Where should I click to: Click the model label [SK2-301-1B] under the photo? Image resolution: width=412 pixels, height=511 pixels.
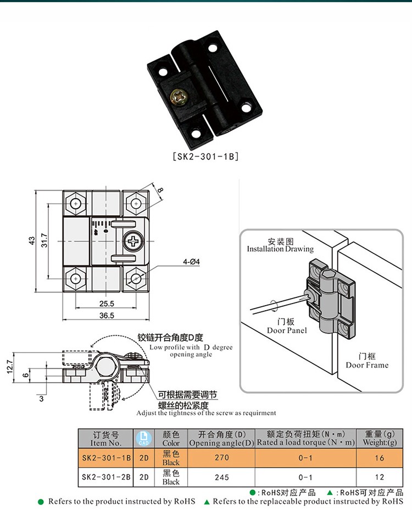[x=206, y=156]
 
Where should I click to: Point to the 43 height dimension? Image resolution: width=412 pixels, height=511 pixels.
[x=32, y=240]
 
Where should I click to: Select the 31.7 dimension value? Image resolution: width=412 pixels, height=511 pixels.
[x=44, y=240]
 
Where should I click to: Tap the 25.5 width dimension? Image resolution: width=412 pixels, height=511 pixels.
[x=107, y=304]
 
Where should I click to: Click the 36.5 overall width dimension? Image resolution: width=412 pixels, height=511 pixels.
[x=107, y=315]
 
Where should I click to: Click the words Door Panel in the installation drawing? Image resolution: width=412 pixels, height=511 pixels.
[x=287, y=330]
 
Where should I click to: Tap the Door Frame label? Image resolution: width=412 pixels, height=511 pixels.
[x=367, y=364]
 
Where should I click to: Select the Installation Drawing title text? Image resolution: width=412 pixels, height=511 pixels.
[x=280, y=249]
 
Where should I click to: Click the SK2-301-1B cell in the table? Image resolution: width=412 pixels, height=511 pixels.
[x=106, y=458]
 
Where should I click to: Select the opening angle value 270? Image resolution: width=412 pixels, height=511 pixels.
[x=221, y=458]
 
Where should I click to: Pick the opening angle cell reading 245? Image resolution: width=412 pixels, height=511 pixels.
[x=221, y=477]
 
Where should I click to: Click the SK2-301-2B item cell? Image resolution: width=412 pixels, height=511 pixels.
[x=106, y=477]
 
